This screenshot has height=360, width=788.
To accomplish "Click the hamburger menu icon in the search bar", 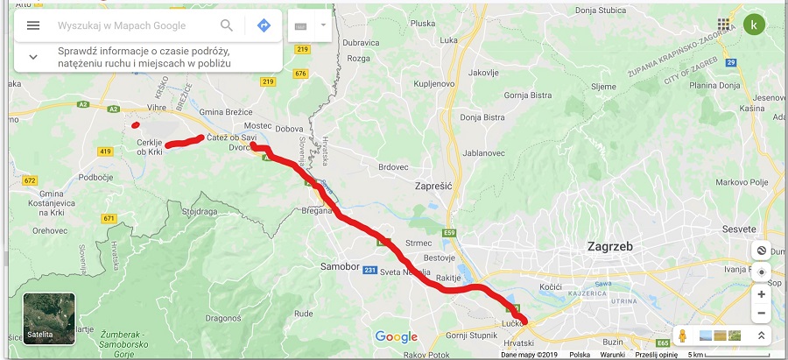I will click(33, 25).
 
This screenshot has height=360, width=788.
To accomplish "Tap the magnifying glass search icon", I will click(227, 25).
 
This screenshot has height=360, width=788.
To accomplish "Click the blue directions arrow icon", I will click(264, 25).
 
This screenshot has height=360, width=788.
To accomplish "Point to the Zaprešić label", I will click(437, 186).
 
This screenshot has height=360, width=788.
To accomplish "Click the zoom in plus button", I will click(761, 294).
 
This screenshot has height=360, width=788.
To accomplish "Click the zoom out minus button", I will click(761, 313).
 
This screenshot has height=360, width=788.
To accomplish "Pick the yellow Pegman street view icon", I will click(682, 336).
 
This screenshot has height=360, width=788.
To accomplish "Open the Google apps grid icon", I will click(723, 25).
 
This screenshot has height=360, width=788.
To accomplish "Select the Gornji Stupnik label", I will click(473, 335).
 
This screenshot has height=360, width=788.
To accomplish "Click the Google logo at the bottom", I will click(396, 336).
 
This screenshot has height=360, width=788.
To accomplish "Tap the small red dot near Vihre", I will click(135, 124).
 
